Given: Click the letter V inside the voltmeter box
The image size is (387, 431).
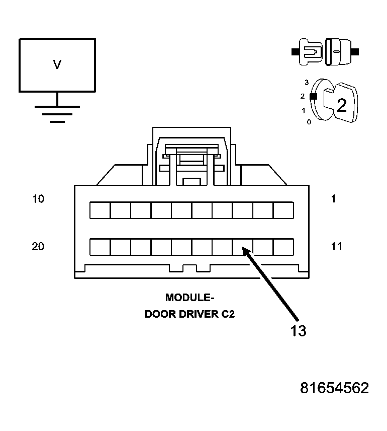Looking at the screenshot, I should click(x=57, y=64).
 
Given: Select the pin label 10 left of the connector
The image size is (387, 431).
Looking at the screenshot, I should click(x=38, y=199).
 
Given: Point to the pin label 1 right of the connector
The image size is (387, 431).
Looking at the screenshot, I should click(x=333, y=199).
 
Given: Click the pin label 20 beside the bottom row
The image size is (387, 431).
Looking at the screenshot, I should click(x=38, y=246).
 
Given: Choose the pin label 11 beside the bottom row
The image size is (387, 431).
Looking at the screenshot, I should click(x=336, y=246).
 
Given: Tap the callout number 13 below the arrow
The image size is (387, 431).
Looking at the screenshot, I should click(x=298, y=331).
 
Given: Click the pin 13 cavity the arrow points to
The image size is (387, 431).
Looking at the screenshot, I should click(x=242, y=247).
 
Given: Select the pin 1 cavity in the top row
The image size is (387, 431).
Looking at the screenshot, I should click(x=283, y=210).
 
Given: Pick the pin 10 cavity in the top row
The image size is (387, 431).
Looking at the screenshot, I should click(x=100, y=210).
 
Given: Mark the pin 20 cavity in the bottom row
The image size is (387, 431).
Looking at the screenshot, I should click(x=100, y=247).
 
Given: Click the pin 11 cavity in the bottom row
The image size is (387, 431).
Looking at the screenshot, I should click(x=283, y=247).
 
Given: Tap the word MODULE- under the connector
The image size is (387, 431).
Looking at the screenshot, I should click(x=189, y=298).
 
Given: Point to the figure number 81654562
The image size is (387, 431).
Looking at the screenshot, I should click(x=334, y=388).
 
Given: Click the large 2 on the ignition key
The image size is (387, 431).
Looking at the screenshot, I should click(x=341, y=105).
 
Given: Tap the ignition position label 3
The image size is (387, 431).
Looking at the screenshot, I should click(x=306, y=82).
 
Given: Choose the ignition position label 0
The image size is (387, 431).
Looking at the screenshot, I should click(x=309, y=122).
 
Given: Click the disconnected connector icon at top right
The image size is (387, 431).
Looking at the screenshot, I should click(x=325, y=51).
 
